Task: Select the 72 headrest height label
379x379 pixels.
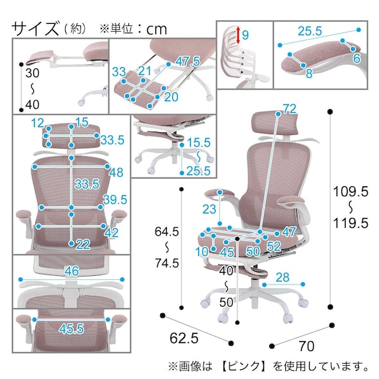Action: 289,108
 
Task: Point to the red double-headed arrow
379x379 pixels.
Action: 236,36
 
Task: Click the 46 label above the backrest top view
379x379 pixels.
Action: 72,271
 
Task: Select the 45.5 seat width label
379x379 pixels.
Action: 70,328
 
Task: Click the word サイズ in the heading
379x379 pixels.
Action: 34,28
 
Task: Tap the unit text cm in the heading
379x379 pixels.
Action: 157,29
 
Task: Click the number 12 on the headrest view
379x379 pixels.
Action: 37,122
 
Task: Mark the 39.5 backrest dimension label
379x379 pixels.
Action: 114,200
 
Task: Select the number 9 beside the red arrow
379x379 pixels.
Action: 245,35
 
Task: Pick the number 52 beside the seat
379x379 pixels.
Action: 273,245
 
